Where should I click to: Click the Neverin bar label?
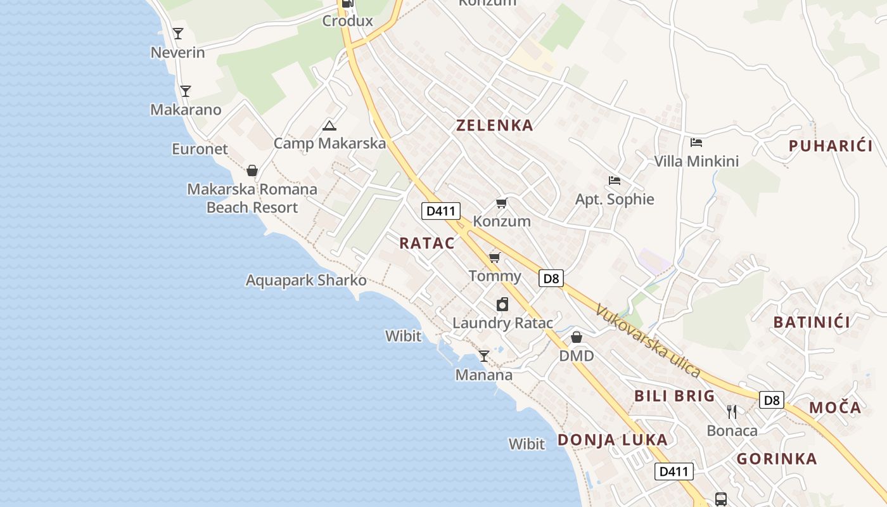(x=177, y=53)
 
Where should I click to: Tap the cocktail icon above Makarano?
(x=185, y=91)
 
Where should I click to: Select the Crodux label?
(x=347, y=21)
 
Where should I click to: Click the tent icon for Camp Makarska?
(x=329, y=125)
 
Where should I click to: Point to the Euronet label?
(x=200, y=149)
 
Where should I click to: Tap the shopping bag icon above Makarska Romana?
(x=252, y=171)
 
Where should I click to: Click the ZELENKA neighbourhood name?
(x=495, y=125)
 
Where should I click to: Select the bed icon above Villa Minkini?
(x=696, y=143)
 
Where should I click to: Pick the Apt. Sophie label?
(x=614, y=200)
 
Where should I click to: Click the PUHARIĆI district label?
(x=830, y=146)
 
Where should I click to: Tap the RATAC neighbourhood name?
(x=427, y=243)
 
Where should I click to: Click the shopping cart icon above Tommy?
(x=495, y=257)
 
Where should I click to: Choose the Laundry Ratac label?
(x=502, y=323)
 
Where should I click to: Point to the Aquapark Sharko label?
(x=306, y=280)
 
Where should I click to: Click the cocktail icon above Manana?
(x=484, y=356)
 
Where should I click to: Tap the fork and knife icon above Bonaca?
(x=732, y=412)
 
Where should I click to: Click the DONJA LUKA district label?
(x=612, y=440)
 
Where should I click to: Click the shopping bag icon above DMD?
(x=577, y=337)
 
